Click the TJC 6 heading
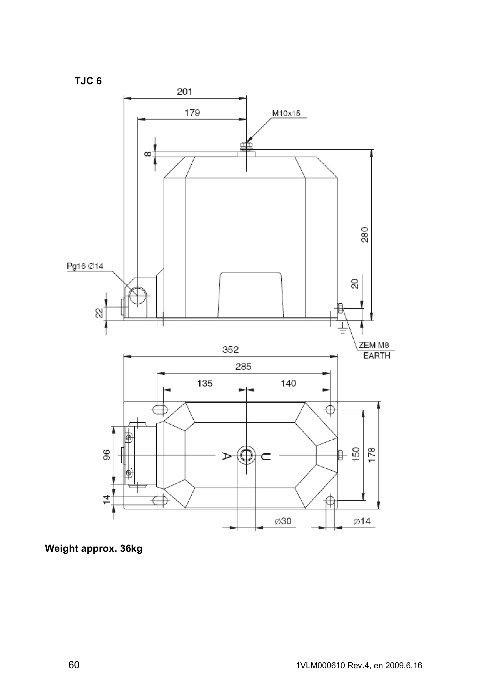[88, 81]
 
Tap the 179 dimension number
[192, 113]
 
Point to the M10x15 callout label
[286, 114]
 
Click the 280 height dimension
[365, 235]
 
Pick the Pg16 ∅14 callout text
[85, 266]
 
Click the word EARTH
[377, 356]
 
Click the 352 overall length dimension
[230, 350]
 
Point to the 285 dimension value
[243, 366]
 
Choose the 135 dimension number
[205, 383]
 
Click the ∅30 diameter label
[283, 521]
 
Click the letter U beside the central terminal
[266, 457]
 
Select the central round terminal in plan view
[246, 455]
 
